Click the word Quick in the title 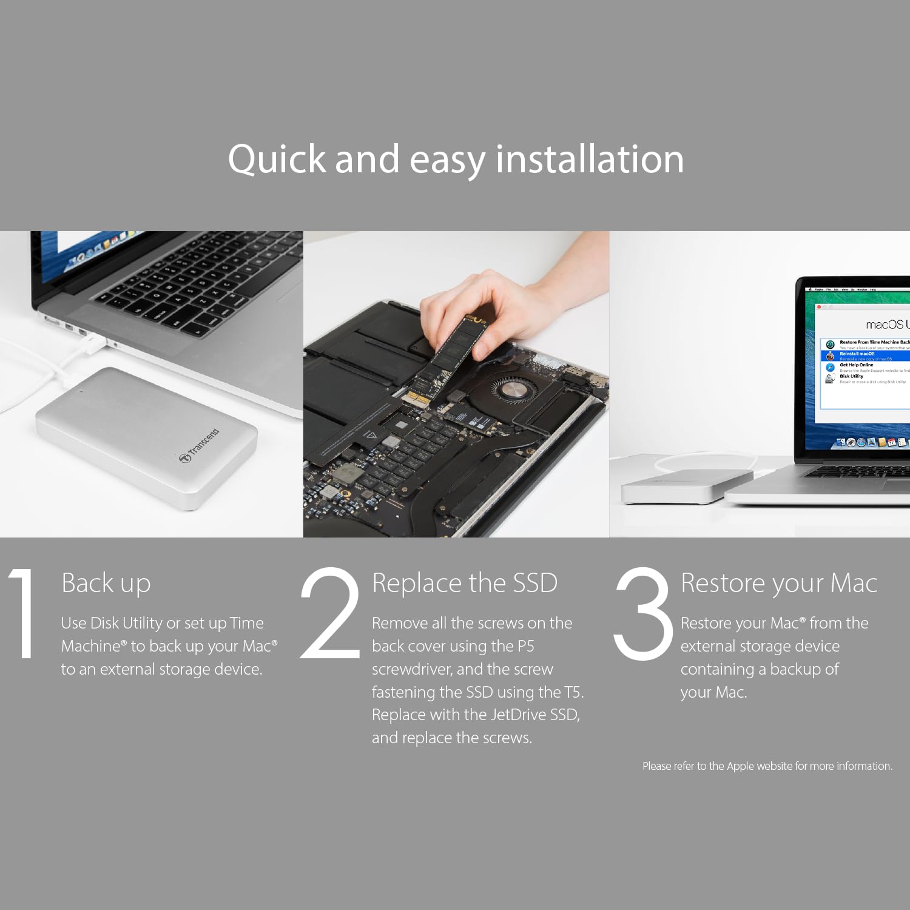click(277, 160)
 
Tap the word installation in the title click(589, 160)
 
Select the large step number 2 click(331, 614)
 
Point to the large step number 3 click(643, 614)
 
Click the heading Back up click(106, 584)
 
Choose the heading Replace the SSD click(464, 584)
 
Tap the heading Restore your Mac click(778, 584)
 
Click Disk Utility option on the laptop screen click(851, 377)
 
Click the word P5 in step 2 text click(525, 646)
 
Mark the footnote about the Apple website click(767, 766)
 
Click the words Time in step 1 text click(247, 623)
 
